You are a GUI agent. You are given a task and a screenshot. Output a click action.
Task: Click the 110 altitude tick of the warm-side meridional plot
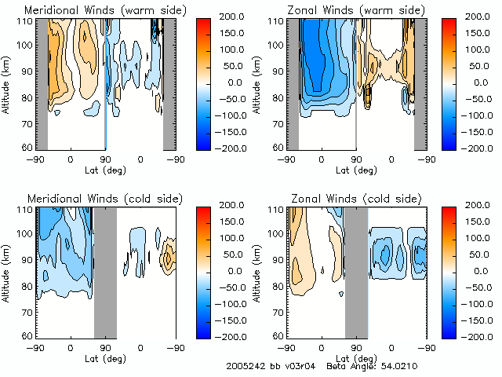pyautogui.click(x=26, y=21)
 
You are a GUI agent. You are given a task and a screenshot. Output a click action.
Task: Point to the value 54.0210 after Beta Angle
pyautogui.click(x=399, y=367)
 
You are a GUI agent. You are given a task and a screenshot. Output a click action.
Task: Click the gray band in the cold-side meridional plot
pyautogui.click(x=105, y=271)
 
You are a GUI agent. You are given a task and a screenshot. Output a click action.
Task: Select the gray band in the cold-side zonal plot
pyautogui.click(x=356, y=271)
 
